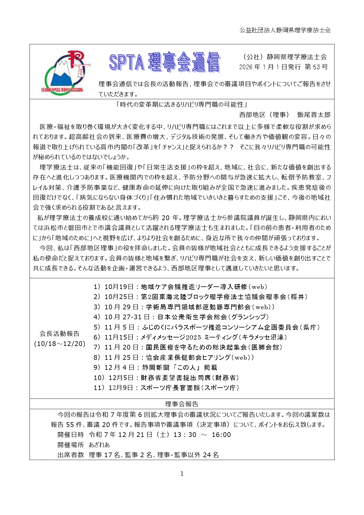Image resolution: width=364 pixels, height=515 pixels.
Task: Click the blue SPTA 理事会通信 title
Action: (x=165, y=62)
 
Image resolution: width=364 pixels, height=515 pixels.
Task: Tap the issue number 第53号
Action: (x=316, y=67)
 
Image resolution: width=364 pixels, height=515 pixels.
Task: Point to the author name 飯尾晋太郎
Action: (x=314, y=115)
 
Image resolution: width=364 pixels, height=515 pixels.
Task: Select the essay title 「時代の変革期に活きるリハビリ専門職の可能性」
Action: (x=182, y=104)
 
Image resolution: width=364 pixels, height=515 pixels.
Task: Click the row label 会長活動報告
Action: (x=60, y=333)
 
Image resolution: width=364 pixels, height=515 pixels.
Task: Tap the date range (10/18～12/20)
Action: (x=60, y=344)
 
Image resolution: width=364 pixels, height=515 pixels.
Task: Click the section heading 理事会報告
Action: (x=182, y=404)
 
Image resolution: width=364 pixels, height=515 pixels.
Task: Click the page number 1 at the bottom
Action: (x=182, y=474)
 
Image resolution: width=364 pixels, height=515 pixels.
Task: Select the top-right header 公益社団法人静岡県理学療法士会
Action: (x=285, y=30)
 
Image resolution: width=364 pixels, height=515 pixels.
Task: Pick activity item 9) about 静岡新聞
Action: (x=155, y=367)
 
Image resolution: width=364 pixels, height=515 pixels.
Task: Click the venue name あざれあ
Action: (x=99, y=445)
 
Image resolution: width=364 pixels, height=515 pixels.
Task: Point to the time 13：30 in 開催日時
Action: (x=185, y=435)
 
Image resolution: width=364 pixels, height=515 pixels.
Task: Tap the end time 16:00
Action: (x=221, y=435)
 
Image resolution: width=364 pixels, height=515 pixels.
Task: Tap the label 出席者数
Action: (x=71, y=455)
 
